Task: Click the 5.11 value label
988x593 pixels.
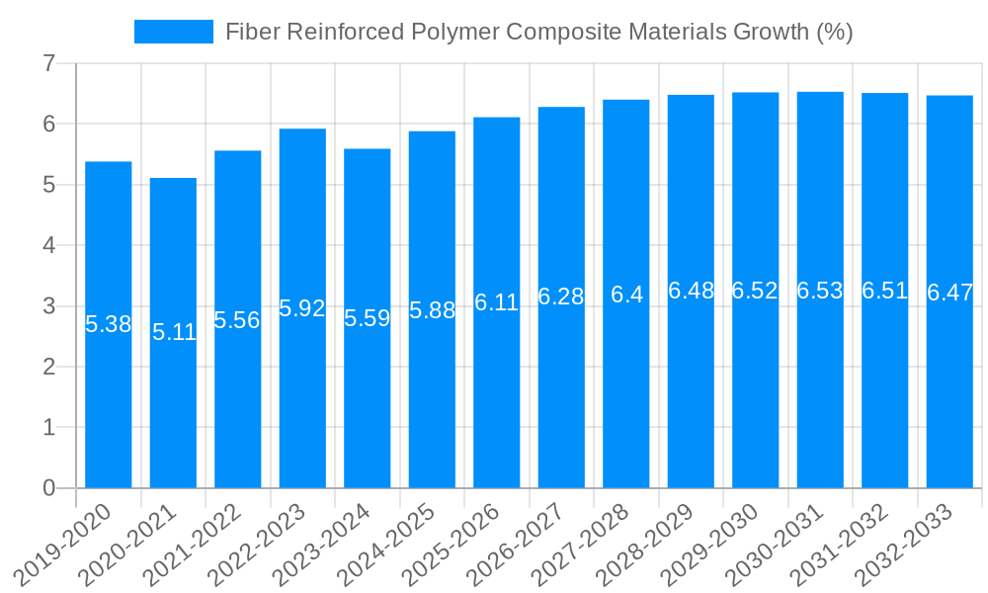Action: tap(174, 332)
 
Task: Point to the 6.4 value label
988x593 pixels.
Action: tap(626, 295)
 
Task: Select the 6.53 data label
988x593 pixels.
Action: tap(820, 291)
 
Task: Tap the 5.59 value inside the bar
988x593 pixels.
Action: tap(368, 318)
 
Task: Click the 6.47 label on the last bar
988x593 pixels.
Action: tap(949, 293)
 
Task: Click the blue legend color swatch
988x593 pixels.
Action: tap(174, 32)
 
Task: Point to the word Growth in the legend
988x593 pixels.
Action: tap(772, 32)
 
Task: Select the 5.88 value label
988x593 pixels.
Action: tap(432, 310)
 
